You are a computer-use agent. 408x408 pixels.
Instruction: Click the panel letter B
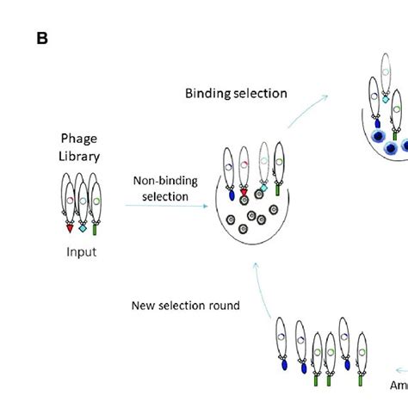coord(42,39)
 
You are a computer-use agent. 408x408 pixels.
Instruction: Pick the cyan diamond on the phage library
coord(83,229)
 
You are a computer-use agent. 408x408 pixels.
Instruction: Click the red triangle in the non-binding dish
coord(244,193)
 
